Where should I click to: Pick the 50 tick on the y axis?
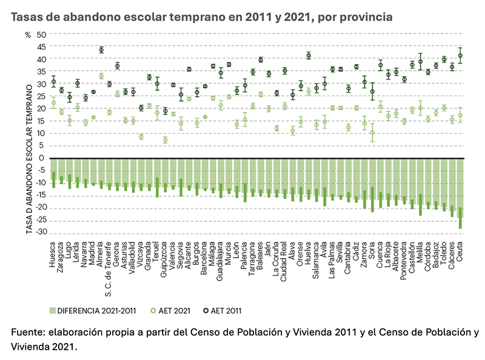tap(41, 35)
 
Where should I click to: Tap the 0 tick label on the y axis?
tap(43, 158)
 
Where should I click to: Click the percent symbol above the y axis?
tap(27, 35)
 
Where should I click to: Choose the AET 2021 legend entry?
tap(170, 311)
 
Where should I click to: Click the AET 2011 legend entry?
tap(223, 311)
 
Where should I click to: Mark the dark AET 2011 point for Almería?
tap(101, 50)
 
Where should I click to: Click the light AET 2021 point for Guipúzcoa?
tap(165, 140)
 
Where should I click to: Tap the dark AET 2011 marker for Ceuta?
tap(461, 56)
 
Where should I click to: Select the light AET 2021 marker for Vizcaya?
tap(141, 136)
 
